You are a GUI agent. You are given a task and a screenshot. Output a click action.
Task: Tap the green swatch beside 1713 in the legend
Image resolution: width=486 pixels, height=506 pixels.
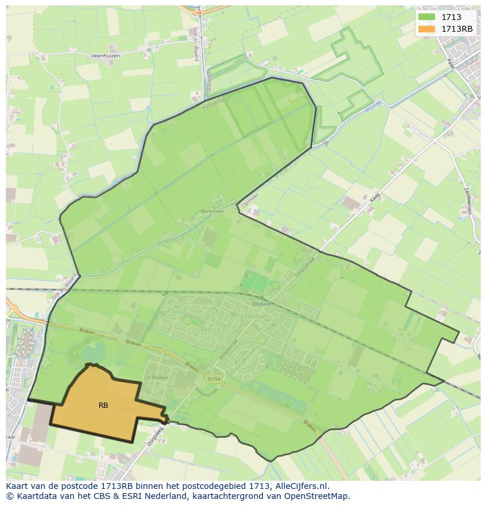pyautogui.click(x=427, y=18)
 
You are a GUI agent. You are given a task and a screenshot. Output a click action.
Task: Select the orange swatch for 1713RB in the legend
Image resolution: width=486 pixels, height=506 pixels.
pyautogui.click(x=427, y=29)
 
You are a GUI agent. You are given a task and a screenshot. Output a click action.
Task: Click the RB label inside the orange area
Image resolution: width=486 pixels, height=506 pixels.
pyautogui.click(x=103, y=405)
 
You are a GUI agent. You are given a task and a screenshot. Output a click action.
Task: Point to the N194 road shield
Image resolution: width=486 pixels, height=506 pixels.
pyautogui.click(x=214, y=380)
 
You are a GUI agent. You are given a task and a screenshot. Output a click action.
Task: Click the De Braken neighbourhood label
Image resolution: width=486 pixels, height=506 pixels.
pyautogui.click(x=156, y=377)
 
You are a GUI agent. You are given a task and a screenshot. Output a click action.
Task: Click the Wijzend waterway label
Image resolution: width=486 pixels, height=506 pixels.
pyautogui.click(x=373, y=106)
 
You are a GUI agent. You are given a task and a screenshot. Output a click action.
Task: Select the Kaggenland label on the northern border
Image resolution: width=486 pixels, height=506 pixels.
pyautogui.click(x=214, y=102)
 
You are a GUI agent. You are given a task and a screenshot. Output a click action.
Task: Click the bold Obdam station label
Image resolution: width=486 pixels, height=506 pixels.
pyautogui.click(x=261, y=304)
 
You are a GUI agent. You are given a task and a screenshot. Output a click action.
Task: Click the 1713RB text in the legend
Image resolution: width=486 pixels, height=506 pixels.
pyautogui.click(x=457, y=29)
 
